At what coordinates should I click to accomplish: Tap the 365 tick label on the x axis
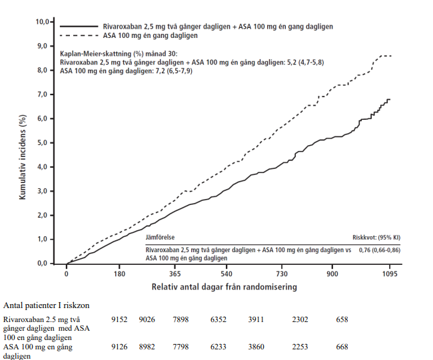175,273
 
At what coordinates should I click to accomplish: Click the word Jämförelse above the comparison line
161,237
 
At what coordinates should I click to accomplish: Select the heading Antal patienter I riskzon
47,305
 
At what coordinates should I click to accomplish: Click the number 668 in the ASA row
342,347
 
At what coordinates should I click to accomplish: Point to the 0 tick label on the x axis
67,273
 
